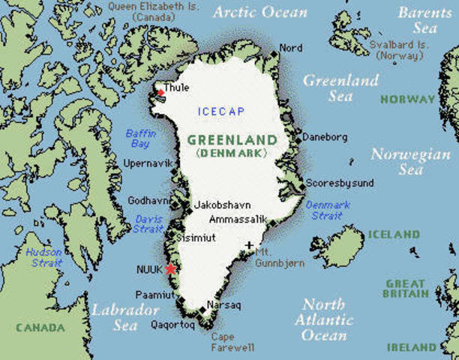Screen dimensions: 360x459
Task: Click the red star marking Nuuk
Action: (171, 268)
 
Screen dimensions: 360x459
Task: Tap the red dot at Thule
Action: (160, 92)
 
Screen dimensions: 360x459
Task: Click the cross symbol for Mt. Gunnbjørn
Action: (250, 245)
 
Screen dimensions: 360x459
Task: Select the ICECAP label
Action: (220, 112)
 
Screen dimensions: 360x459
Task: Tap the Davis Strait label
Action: (148, 223)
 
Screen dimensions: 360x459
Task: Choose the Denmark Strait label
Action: (327, 210)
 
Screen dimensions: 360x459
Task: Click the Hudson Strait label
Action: (44, 258)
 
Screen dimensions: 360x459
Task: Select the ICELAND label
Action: (393, 235)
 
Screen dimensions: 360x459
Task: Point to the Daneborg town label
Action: (325, 137)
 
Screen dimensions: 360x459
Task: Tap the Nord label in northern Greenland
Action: (291, 48)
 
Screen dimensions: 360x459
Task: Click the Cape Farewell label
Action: (233, 342)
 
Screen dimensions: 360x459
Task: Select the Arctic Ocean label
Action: (260, 13)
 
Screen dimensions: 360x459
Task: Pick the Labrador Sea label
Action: (125, 317)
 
